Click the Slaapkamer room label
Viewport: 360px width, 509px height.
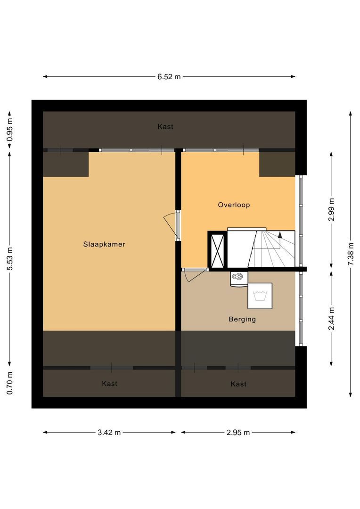tap(104, 245)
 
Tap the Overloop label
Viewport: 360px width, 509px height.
tap(234, 205)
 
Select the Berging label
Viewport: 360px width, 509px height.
tap(242, 320)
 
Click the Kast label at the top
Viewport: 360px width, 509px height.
tap(165, 127)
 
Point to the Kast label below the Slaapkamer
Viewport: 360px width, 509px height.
tap(109, 384)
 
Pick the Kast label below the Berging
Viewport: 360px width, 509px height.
tap(238, 384)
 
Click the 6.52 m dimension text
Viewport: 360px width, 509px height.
tap(169, 77)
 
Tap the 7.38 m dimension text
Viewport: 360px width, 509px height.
tap(351, 254)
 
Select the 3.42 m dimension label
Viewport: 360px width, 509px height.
tap(109, 432)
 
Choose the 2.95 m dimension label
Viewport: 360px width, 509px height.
tap(238, 432)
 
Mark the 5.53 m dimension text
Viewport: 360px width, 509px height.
tap(10, 259)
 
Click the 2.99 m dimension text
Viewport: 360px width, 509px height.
tap(331, 209)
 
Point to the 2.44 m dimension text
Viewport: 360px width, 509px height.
tap(331, 319)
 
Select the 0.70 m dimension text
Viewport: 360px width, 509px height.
tap(10, 383)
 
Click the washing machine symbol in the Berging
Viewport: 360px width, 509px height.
tap(260, 296)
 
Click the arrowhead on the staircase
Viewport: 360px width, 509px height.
tap(280, 235)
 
